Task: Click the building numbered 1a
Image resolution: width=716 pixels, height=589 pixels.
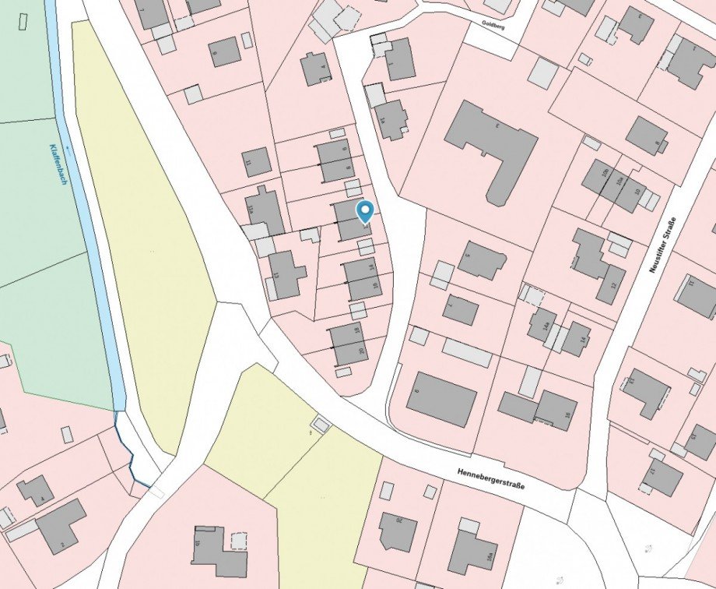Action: point(391,118)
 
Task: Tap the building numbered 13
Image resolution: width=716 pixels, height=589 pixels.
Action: point(286,273)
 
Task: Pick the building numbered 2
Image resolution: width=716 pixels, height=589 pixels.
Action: point(61,525)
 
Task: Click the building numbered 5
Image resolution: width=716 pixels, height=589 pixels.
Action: point(481,259)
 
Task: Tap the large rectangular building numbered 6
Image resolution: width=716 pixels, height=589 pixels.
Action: point(441,399)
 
